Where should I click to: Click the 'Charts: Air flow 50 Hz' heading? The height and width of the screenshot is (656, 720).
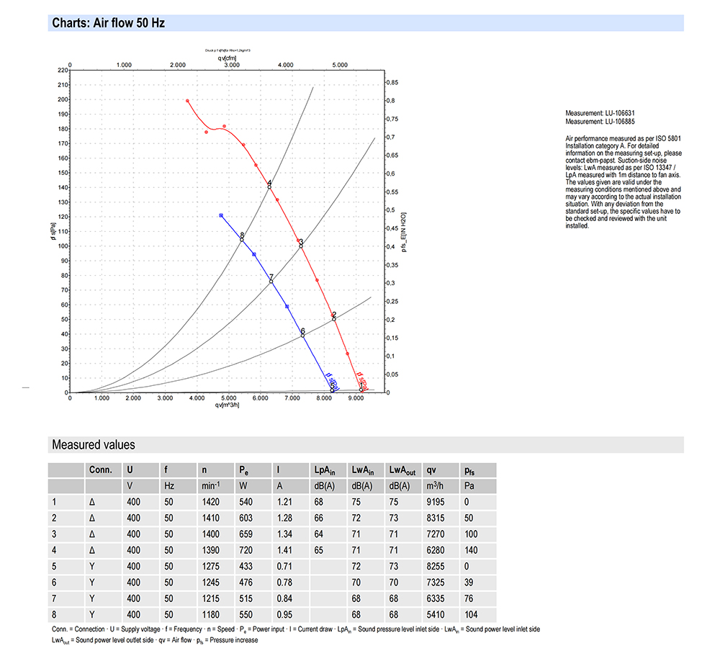(108, 23)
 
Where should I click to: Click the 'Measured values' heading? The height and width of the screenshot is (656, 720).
(94, 445)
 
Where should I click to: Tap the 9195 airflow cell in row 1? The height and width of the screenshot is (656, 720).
(436, 501)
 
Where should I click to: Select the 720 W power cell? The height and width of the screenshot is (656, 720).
(246, 549)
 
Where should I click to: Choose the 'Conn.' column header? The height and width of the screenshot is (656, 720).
(100, 469)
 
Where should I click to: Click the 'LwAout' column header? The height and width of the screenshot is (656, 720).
(402, 469)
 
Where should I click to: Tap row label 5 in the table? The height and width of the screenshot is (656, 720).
(55, 566)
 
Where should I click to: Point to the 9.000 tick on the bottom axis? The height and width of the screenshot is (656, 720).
(356, 398)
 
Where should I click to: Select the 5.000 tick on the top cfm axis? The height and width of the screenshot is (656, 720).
(340, 65)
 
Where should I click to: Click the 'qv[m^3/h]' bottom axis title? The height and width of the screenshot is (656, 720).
(228, 405)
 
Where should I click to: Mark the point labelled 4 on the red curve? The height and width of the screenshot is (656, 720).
(269, 186)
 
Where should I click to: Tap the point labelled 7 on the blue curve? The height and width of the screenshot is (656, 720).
(271, 280)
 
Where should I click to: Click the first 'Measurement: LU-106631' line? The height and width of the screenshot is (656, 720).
(600, 113)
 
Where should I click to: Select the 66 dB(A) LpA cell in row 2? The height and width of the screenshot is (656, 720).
(318, 518)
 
